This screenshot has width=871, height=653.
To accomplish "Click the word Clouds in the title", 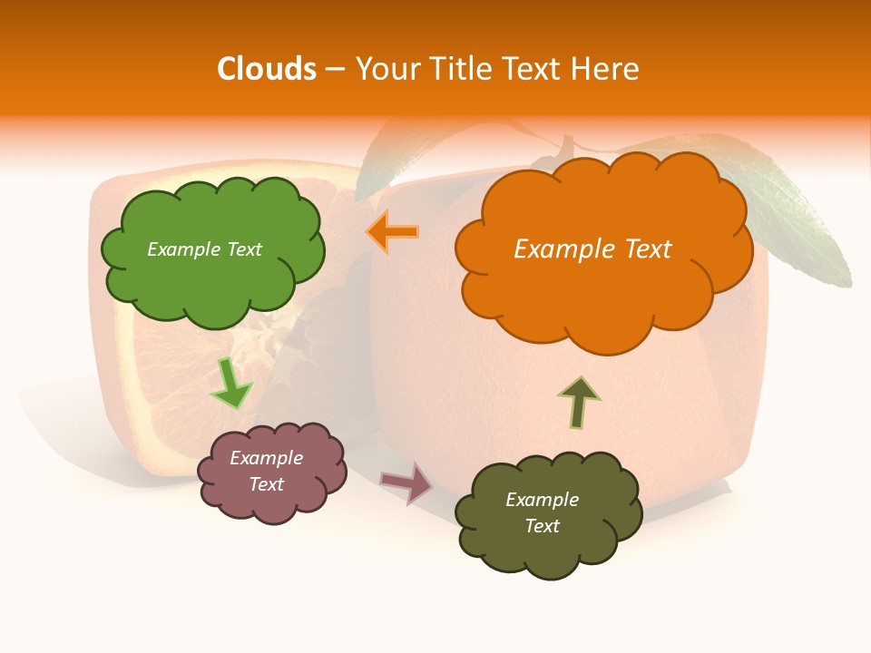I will point(267,69).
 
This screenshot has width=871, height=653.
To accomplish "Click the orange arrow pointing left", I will point(392,231).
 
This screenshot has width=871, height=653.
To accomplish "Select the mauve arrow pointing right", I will point(406,482).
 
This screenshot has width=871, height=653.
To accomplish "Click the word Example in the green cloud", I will point(183,249).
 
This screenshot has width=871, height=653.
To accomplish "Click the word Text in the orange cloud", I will point(641,249).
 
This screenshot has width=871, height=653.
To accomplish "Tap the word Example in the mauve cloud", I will point(267,459).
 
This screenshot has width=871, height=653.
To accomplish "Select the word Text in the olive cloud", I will point(543,527).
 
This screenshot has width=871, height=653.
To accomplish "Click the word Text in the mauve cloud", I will point(267,485).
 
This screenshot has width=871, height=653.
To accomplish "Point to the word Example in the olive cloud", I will point(543,500).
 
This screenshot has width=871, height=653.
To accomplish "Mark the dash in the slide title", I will point(335,70).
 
